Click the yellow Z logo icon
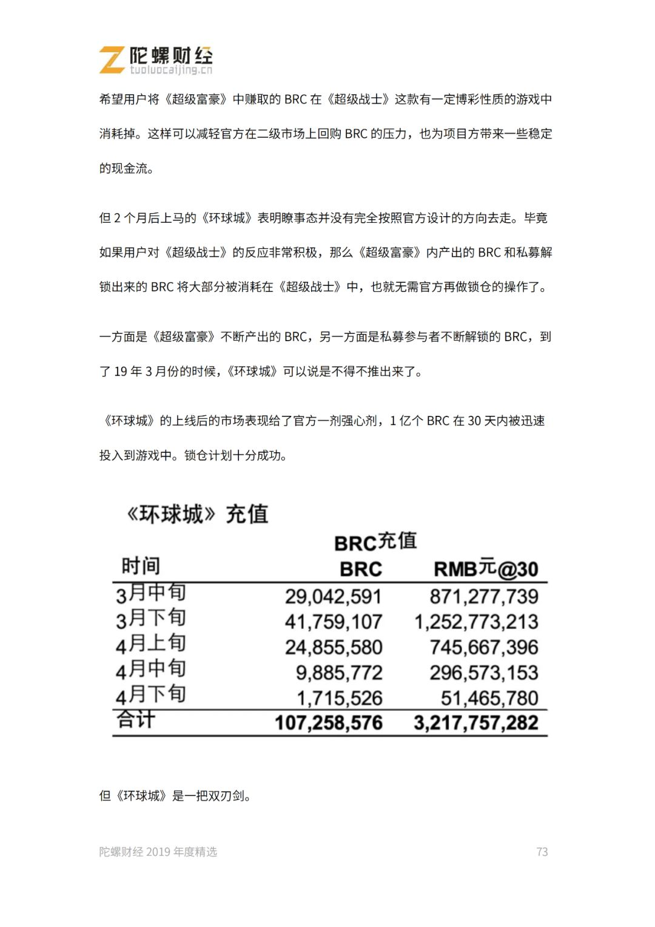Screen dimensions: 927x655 pos(112,60)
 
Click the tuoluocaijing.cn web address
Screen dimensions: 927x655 pos(171,70)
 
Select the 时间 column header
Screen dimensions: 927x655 pos(141,566)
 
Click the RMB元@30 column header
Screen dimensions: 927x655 pos(486,569)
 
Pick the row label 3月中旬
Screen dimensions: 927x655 pos(150,593)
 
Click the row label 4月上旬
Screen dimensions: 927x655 pos(150,644)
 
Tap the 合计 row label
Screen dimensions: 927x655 pos(136,720)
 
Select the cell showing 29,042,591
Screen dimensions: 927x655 pos(333,597)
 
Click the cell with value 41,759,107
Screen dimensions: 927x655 pos(333,622)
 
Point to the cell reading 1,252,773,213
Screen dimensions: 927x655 pos(476,622)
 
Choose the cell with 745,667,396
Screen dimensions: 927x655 pos(483,648)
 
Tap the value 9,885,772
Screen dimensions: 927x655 pos(338,673)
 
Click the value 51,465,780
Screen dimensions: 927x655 pos(489,699)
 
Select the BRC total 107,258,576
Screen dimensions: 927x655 pos(328,723)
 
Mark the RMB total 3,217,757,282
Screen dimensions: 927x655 pos(476,723)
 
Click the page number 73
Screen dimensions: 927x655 pos(542,852)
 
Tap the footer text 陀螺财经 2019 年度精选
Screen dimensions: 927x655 pos(158,852)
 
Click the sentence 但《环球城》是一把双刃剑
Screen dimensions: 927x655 pos(175,796)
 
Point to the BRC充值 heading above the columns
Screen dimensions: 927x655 pos(375,542)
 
